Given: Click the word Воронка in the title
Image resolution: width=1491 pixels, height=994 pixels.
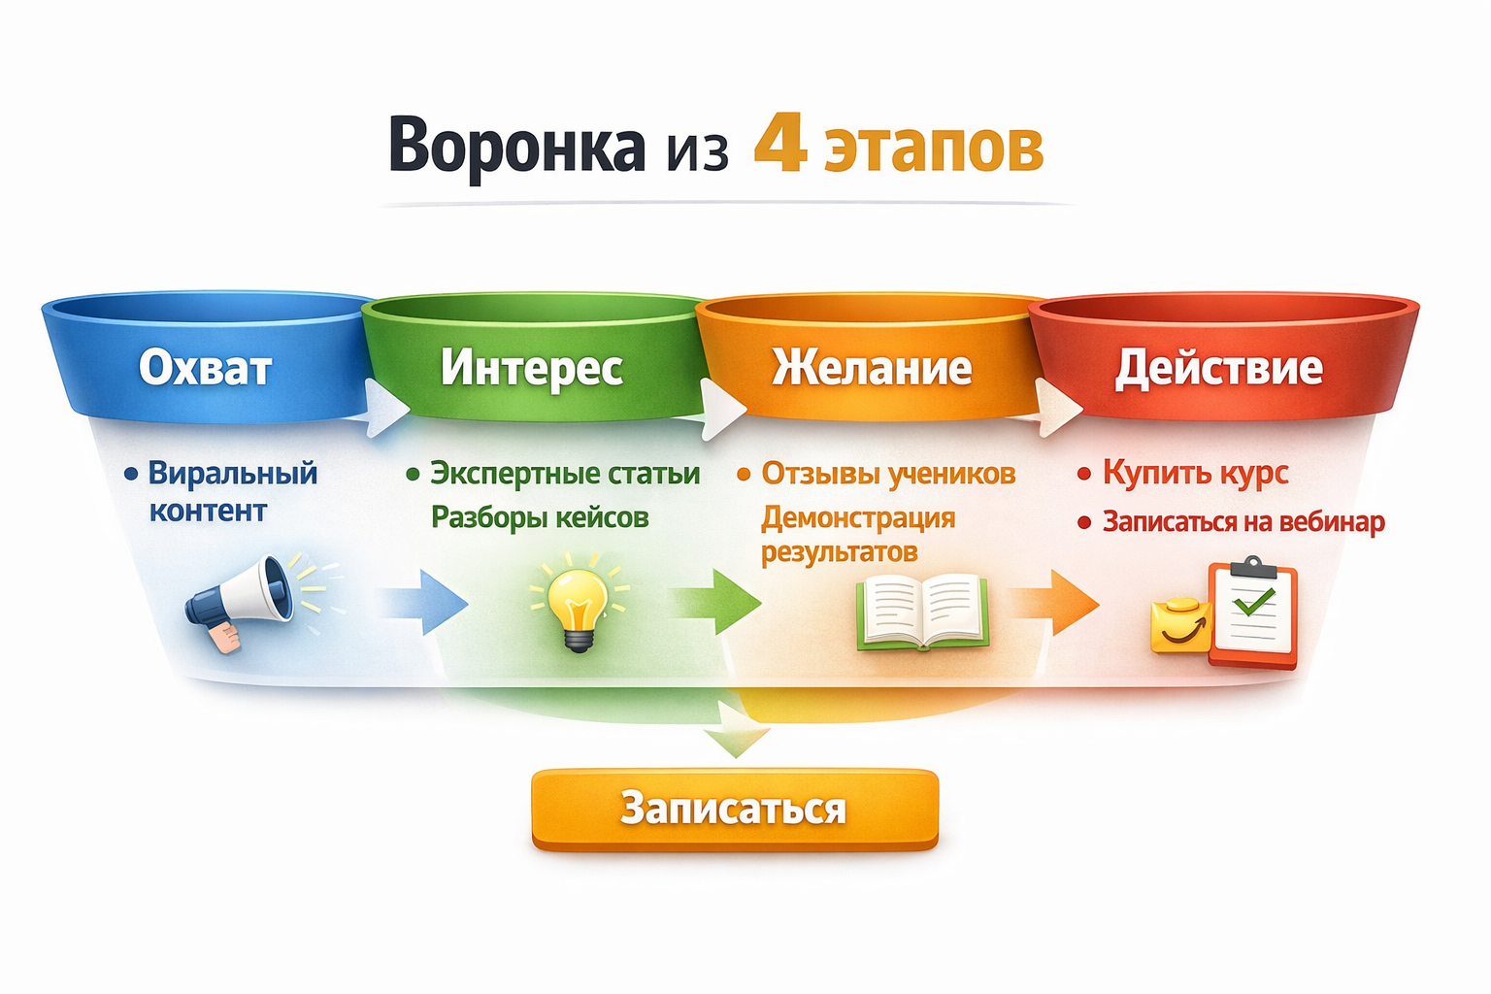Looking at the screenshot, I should [516, 146].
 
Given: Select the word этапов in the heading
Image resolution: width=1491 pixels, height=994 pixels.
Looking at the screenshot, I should [934, 148].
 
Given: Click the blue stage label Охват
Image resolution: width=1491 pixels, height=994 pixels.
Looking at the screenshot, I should [205, 368].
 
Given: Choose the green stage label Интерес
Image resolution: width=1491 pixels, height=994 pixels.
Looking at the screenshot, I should [532, 368].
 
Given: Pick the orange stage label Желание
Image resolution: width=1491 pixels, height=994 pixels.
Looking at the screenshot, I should [872, 368].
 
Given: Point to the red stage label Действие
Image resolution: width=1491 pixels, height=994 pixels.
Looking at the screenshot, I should [1218, 368].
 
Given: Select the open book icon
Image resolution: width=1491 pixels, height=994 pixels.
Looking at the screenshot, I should [922, 612].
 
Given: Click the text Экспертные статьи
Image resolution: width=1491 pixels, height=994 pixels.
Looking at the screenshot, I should [565, 474].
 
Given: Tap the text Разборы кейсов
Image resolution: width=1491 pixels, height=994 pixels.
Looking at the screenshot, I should [540, 517].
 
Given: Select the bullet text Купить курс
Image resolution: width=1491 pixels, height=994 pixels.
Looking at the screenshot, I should [1195, 474].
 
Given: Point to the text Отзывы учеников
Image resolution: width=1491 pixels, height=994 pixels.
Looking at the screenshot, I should [888, 474].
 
